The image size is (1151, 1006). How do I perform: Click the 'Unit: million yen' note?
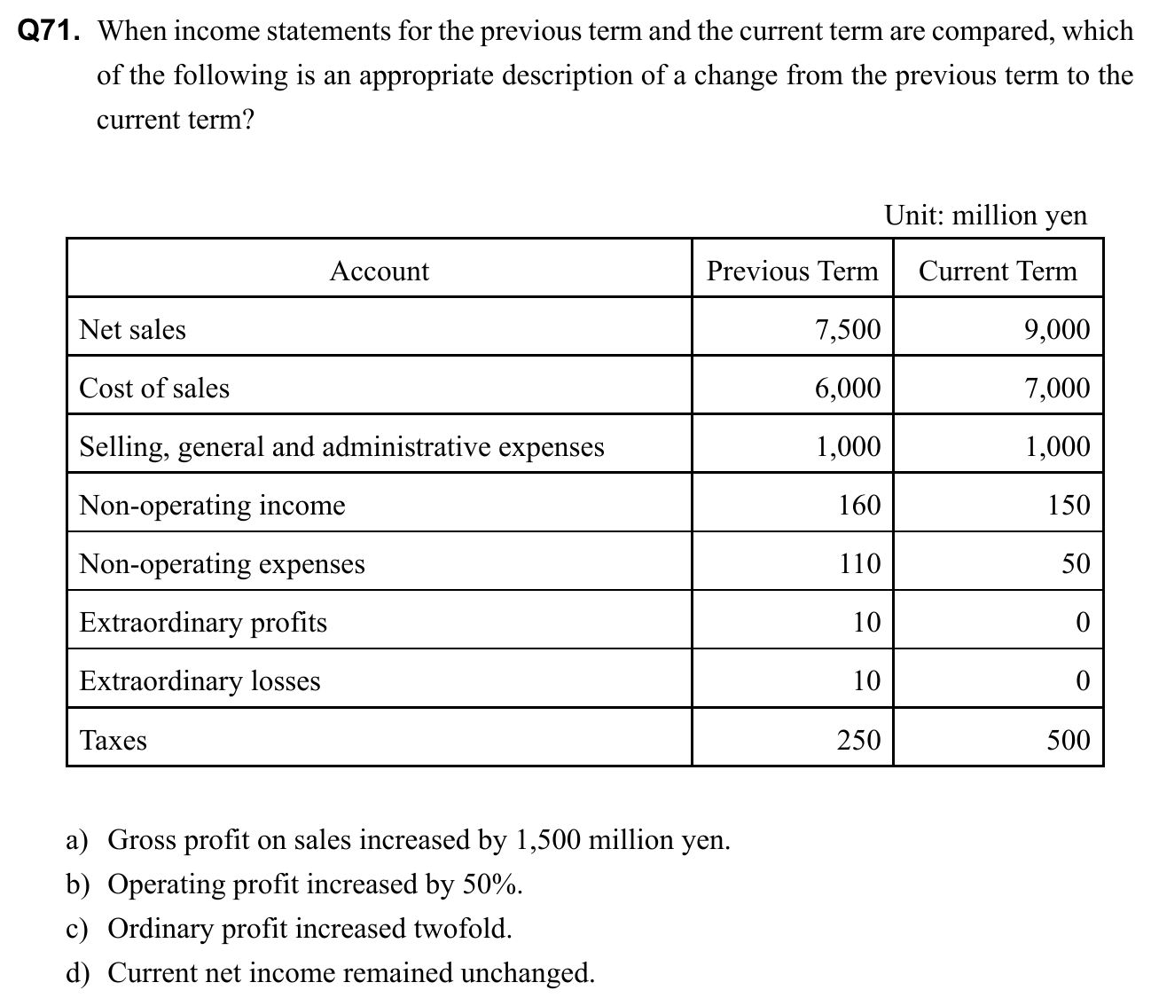click(x=985, y=216)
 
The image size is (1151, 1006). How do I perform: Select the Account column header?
click(x=379, y=271)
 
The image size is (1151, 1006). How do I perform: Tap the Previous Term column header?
click(x=792, y=271)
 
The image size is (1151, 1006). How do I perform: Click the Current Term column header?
click(x=998, y=271)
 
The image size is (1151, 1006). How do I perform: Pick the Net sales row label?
click(x=133, y=330)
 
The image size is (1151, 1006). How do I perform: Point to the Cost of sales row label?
click(x=154, y=389)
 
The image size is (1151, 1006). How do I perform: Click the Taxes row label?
click(x=114, y=740)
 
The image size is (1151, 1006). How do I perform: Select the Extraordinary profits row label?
click(x=203, y=623)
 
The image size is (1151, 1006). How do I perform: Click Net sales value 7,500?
click(x=848, y=330)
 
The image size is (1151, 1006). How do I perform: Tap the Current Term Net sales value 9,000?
click(x=1057, y=330)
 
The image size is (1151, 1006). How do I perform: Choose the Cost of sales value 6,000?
click(x=848, y=389)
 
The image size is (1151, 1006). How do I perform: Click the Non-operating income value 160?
click(x=859, y=506)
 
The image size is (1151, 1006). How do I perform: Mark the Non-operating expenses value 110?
click(x=859, y=564)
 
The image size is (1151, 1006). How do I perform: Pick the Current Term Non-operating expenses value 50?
click(x=1076, y=564)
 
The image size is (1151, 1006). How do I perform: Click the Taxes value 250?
click(x=859, y=740)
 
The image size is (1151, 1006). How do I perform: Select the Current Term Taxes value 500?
click(x=1069, y=740)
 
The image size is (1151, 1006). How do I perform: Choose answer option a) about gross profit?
click(x=399, y=839)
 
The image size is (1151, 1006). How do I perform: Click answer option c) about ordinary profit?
click(x=291, y=929)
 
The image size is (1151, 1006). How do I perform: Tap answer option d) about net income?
click(x=332, y=973)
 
